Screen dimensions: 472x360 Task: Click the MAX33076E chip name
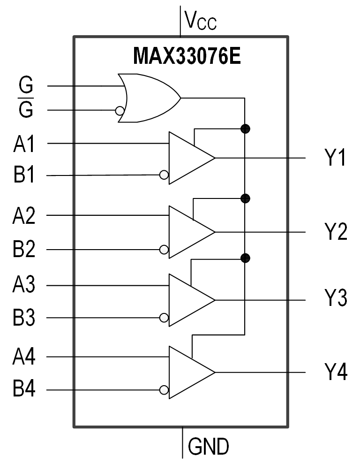(187, 56)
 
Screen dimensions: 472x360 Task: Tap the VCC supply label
(201, 21)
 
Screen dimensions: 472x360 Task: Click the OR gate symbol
(148, 98)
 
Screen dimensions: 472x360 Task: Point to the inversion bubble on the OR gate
(120, 111)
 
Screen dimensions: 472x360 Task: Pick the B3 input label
(24, 318)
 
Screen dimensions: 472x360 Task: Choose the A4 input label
(23, 358)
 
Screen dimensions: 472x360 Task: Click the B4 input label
(24, 389)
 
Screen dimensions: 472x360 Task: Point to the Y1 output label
(336, 159)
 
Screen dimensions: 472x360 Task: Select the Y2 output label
(336, 232)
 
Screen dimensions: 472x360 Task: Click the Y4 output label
(336, 373)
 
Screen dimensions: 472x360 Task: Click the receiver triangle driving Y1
(187, 158)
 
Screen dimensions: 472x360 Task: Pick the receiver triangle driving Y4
(187, 373)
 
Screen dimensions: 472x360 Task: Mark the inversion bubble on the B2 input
(164, 250)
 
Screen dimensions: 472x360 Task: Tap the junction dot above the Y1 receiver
(245, 129)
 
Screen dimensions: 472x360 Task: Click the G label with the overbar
(26, 110)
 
